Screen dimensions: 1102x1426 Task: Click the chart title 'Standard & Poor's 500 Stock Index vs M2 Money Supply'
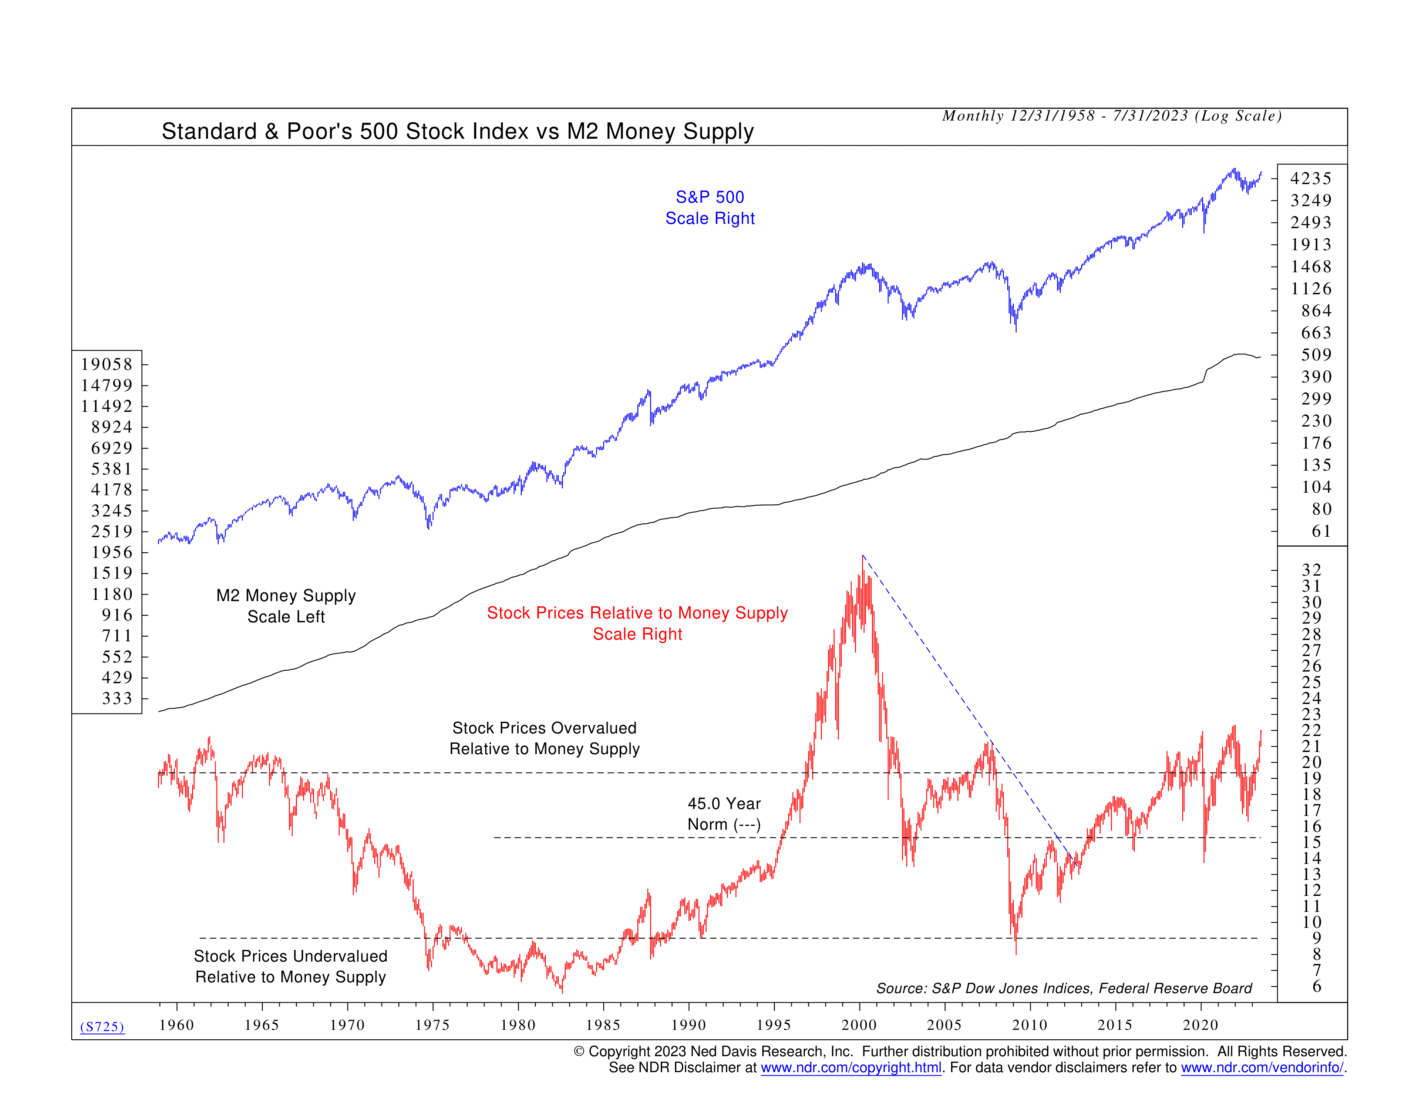[457, 131]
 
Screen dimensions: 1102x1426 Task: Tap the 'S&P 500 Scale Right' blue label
[710, 207]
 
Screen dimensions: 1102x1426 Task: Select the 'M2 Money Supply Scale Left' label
[286, 606]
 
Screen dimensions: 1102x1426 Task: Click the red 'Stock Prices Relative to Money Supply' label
[637, 613]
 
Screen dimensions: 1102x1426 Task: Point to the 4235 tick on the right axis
[1311, 178]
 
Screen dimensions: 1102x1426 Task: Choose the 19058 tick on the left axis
[106, 364]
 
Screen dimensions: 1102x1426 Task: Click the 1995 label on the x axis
[774, 1025]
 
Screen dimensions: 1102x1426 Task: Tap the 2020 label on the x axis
[1200, 1025]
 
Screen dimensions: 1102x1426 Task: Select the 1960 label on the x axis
[176, 1025]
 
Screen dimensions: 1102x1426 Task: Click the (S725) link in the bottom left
[102, 1027]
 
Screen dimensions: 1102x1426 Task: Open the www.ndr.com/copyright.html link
[851, 1068]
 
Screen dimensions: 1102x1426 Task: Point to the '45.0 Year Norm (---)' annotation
[724, 814]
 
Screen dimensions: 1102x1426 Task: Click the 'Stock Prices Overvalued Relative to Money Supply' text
[544, 739]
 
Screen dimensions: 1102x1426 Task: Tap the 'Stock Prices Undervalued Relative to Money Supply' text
[290, 966]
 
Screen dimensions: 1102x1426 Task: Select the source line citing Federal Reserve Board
[1063, 988]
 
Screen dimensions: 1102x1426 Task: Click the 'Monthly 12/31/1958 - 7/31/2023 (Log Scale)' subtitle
[1112, 116]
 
